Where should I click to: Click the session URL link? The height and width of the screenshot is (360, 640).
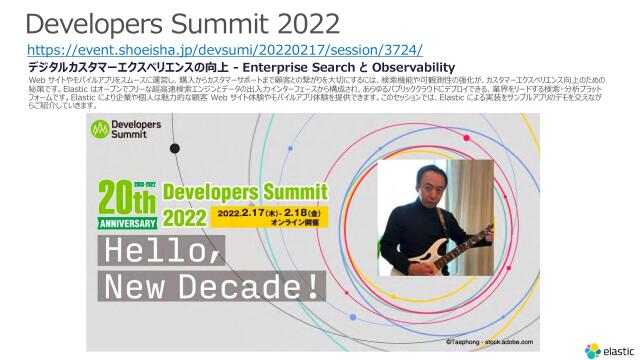click(x=225, y=49)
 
